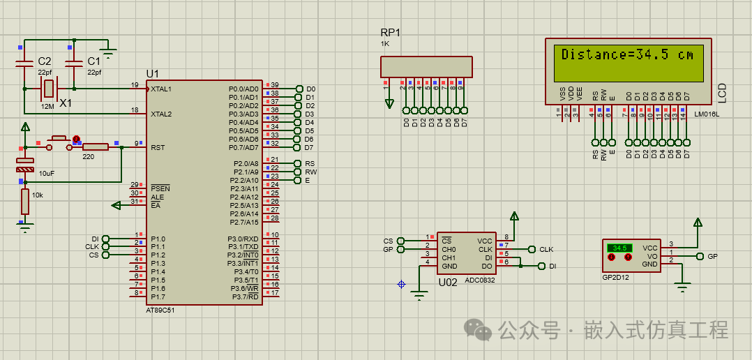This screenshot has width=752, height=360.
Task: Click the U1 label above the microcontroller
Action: (152, 74)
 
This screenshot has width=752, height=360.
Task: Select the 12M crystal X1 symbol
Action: (47, 89)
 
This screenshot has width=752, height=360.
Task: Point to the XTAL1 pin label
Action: (161, 89)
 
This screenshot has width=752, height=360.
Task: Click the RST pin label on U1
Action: (158, 147)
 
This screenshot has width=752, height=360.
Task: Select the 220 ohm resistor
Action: (95, 147)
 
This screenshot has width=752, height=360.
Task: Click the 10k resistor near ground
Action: (25, 202)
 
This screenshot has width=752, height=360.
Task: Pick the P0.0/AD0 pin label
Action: (243, 89)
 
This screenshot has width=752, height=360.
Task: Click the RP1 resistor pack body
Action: (427, 67)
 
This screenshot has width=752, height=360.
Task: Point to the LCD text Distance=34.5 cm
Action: (628, 54)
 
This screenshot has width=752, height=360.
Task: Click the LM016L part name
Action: (706, 113)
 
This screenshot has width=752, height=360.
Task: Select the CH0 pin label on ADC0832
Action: (449, 249)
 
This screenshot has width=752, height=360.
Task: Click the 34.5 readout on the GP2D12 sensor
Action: (619, 248)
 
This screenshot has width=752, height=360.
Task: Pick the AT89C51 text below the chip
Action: (160, 310)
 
